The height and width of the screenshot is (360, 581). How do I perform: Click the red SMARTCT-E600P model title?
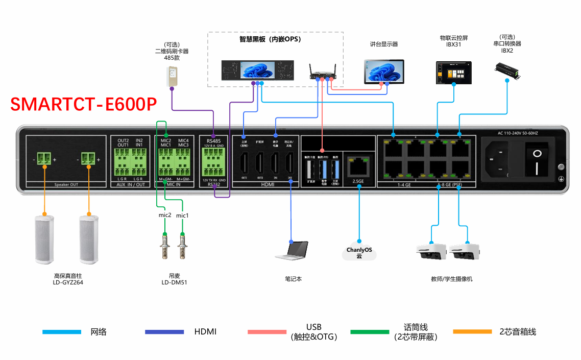coord(83,104)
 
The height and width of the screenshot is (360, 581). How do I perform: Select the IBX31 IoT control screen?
coord(453,73)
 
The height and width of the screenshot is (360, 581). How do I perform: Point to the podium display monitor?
coord(384,71)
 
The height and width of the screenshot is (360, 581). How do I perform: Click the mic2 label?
coord(164,215)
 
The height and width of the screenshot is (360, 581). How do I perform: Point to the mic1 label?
coord(182,215)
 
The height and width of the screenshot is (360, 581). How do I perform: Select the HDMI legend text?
coord(205,332)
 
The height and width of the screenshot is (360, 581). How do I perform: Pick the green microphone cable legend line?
coord(370,332)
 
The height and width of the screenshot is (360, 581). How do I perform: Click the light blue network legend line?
coord(62,332)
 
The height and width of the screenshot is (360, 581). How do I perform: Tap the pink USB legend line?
coord(267,332)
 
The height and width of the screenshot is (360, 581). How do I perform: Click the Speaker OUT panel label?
coord(66,184)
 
